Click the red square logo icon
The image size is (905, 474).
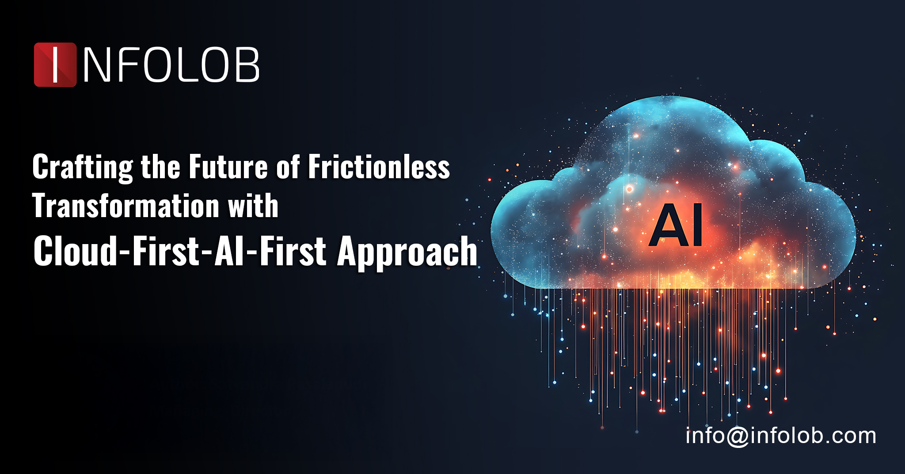point(55,65)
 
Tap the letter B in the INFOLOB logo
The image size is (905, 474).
point(246,65)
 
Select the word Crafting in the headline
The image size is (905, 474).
point(83,168)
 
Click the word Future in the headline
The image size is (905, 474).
point(228,167)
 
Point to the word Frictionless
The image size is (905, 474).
point(379,167)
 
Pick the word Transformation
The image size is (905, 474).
point(126,206)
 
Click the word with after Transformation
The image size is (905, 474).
point(253,206)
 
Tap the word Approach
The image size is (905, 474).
point(407,252)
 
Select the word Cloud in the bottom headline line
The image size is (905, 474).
point(75,251)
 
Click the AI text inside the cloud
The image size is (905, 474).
point(676,226)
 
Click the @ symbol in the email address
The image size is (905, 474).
point(738,437)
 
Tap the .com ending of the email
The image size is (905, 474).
point(848,436)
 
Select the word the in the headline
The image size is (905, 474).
point(160,167)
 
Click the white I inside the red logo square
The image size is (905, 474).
point(55,65)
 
